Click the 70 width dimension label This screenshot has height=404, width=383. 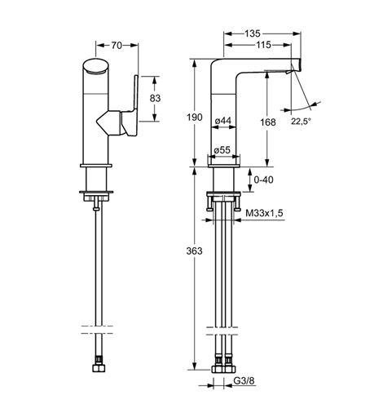point(117,46)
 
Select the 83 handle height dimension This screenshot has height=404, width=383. point(155,98)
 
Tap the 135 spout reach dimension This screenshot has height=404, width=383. point(253,33)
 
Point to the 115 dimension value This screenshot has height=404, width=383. point(263,45)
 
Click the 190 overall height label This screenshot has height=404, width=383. point(195,118)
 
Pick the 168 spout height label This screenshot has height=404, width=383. point(268,122)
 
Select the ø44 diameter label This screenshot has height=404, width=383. point(223,120)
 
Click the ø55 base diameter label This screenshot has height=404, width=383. point(222,150)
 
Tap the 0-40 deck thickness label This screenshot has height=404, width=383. point(263,180)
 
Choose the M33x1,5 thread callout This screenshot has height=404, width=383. point(264,213)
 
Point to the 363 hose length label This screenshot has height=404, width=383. point(194,251)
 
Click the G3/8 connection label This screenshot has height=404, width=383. point(244,381)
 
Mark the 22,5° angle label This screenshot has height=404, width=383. point(301,122)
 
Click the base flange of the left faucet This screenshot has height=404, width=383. point(96,166)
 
